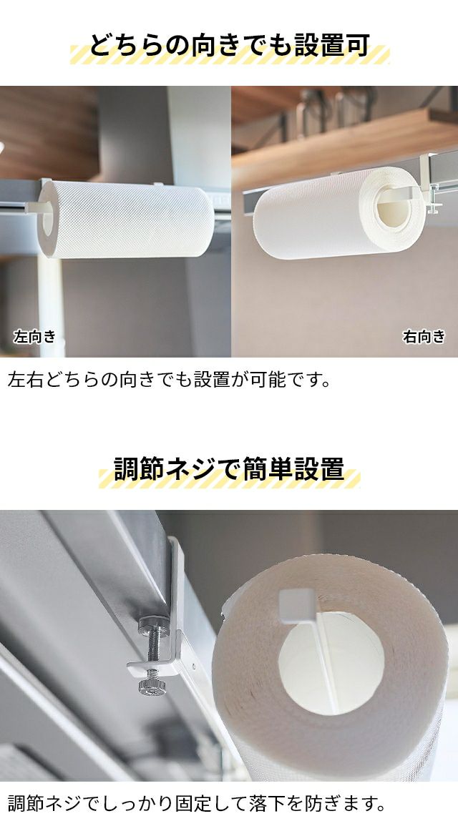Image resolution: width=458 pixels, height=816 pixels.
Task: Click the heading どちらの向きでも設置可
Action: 230,46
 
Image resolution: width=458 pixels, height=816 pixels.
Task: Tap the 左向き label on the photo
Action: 34,337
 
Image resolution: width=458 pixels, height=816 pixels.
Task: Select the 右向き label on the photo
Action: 424,337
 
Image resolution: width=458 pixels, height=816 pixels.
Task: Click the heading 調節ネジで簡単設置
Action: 229,469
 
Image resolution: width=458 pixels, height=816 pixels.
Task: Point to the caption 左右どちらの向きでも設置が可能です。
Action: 170,379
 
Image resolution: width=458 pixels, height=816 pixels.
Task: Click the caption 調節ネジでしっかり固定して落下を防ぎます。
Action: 198,803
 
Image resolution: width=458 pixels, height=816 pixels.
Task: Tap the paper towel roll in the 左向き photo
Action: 125,219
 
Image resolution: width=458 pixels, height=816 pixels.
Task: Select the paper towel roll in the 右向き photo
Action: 339,212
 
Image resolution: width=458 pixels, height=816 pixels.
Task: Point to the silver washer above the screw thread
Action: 154,624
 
